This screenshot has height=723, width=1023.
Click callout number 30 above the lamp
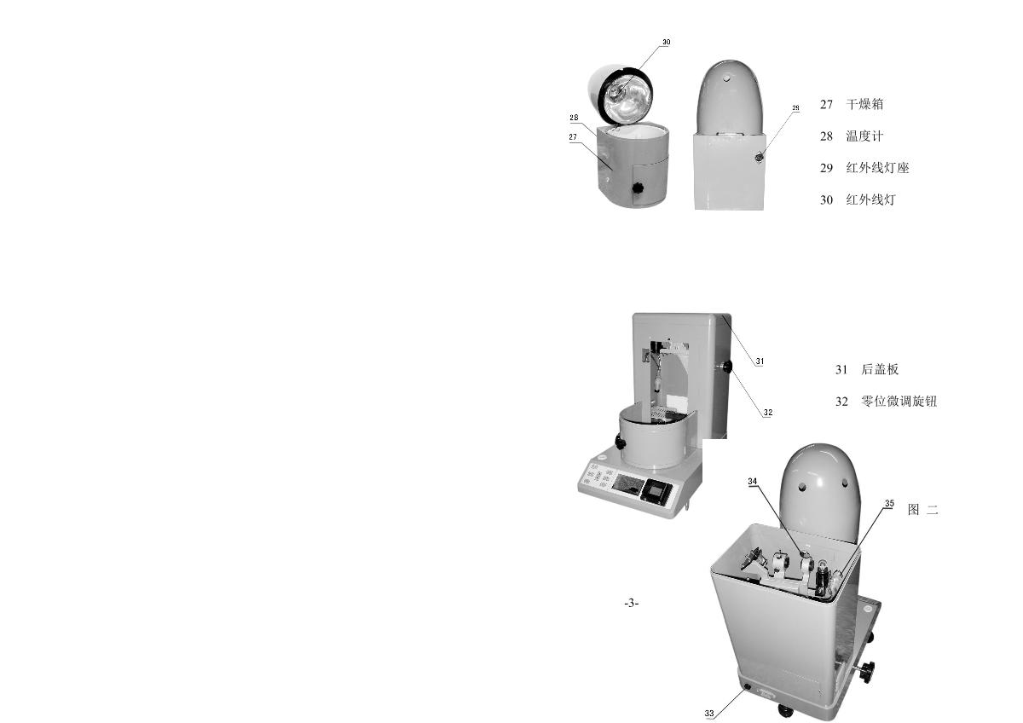pyautogui.click(x=667, y=42)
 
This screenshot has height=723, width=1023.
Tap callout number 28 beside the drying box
pyautogui.click(x=574, y=118)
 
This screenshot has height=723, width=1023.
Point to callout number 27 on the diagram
pyautogui.click(x=573, y=137)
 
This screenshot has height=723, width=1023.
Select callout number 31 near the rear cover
pyautogui.click(x=760, y=361)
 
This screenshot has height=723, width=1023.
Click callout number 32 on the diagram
pyautogui.click(x=768, y=413)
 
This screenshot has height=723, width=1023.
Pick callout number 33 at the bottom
pyautogui.click(x=708, y=713)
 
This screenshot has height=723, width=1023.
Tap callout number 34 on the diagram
pyautogui.click(x=752, y=482)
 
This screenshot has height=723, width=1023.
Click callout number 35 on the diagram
pyautogui.click(x=889, y=503)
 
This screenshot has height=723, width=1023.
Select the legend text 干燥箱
pyautogui.click(x=864, y=105)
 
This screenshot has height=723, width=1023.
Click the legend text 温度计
pyautogui.click(x=864, y=136)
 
